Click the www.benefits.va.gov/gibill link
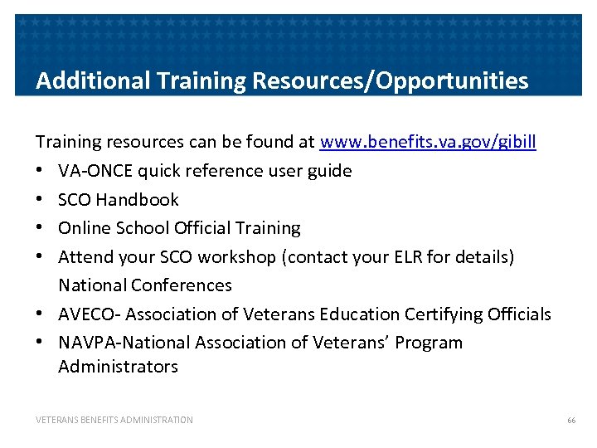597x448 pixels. [x=428, y=142]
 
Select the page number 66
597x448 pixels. [x=571, y=421]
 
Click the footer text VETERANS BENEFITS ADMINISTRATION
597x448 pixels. [x=114, y=421]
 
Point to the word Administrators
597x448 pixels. [x=118, y=366]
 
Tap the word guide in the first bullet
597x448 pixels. [x=330, y=171]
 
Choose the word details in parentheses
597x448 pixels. [x=485, y=256]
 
